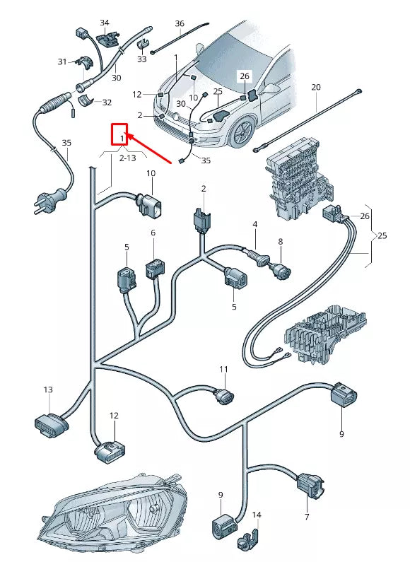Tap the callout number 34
tap(105, 23)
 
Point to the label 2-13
tap(128, 159)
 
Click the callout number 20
tap(316, 87)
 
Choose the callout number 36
tap(180, 23)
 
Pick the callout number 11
tap(223, 370)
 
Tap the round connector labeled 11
tap(223, 398)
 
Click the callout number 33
tap(142, 59)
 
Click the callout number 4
tap(254, 225)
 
